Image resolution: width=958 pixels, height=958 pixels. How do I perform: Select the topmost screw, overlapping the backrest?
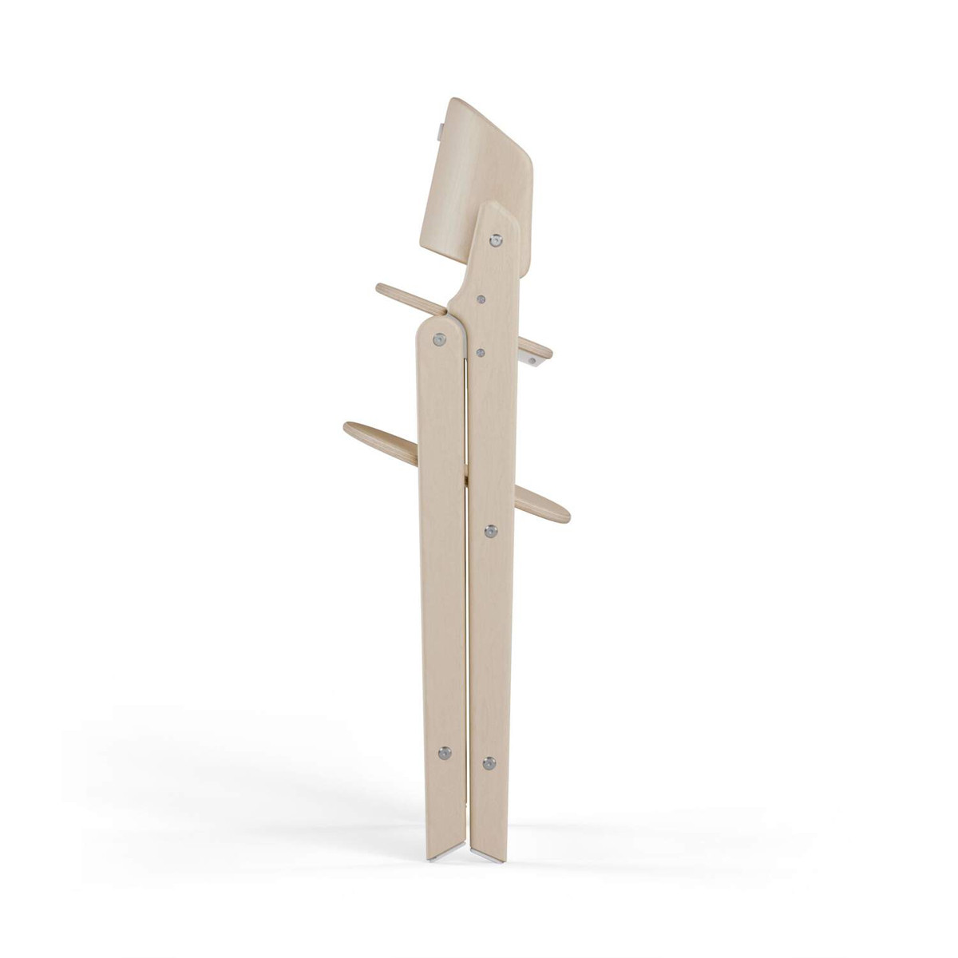click(x=497, y=239)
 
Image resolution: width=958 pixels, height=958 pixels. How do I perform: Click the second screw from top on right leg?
click(x=482, y=298)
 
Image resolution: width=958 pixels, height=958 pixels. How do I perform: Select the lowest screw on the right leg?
click(x=489, y=764)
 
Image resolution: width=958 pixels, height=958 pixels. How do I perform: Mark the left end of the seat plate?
click(x=382, y=288)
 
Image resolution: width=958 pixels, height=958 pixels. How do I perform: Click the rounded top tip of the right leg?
click(x=500, y=209)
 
